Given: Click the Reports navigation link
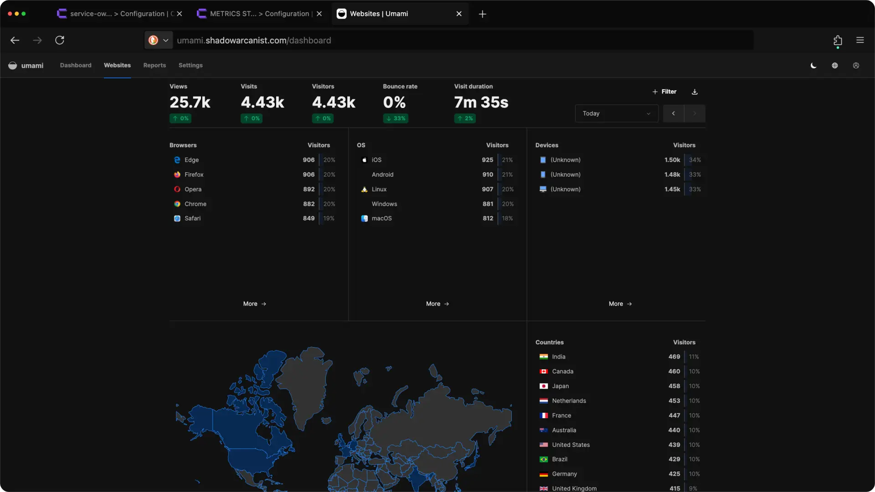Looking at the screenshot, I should pyautogui.click(x=154, y=65).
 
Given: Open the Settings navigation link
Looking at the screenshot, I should pyautogui.click(x=190, y=65).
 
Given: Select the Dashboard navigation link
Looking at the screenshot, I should pyautogui.click(x=76, y=65).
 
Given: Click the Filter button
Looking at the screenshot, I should pyautogui.click(x=664, y=92).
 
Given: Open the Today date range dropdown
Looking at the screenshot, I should pyautogui.click(x=616, y=113).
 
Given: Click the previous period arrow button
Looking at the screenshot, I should pyautogui.click(x=673, y=113).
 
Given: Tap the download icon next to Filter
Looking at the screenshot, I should pyautogui.click(x=695, y=92).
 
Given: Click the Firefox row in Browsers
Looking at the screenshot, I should pyautogui.click(x=194, y=174).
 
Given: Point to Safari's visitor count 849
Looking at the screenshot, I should pyautogui.click(x=309, y=218).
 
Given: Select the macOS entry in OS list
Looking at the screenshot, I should pyautogui.click(x=381, y=218).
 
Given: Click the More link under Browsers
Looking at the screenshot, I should pyautogui.click(x=254, y=304).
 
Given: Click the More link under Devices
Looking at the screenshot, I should pyautogui.click(x=620, y=304).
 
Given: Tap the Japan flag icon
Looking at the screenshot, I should pyautogui.click(x=544, y=386).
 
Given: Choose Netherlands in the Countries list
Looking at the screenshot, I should pyautogui.click(x=569, y=401).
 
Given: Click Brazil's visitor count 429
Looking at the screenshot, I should pyautogui.click(x=674, y=459).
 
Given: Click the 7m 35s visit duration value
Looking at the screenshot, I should pyautogui.click(x=481, y=102).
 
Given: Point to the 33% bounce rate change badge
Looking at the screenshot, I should pyautogui.click(x=396, y=118).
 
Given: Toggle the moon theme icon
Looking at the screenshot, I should pyautogui.click(x=813, y=66).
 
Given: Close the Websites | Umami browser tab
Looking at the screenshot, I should pyautogui.click(x=459, y=14).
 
